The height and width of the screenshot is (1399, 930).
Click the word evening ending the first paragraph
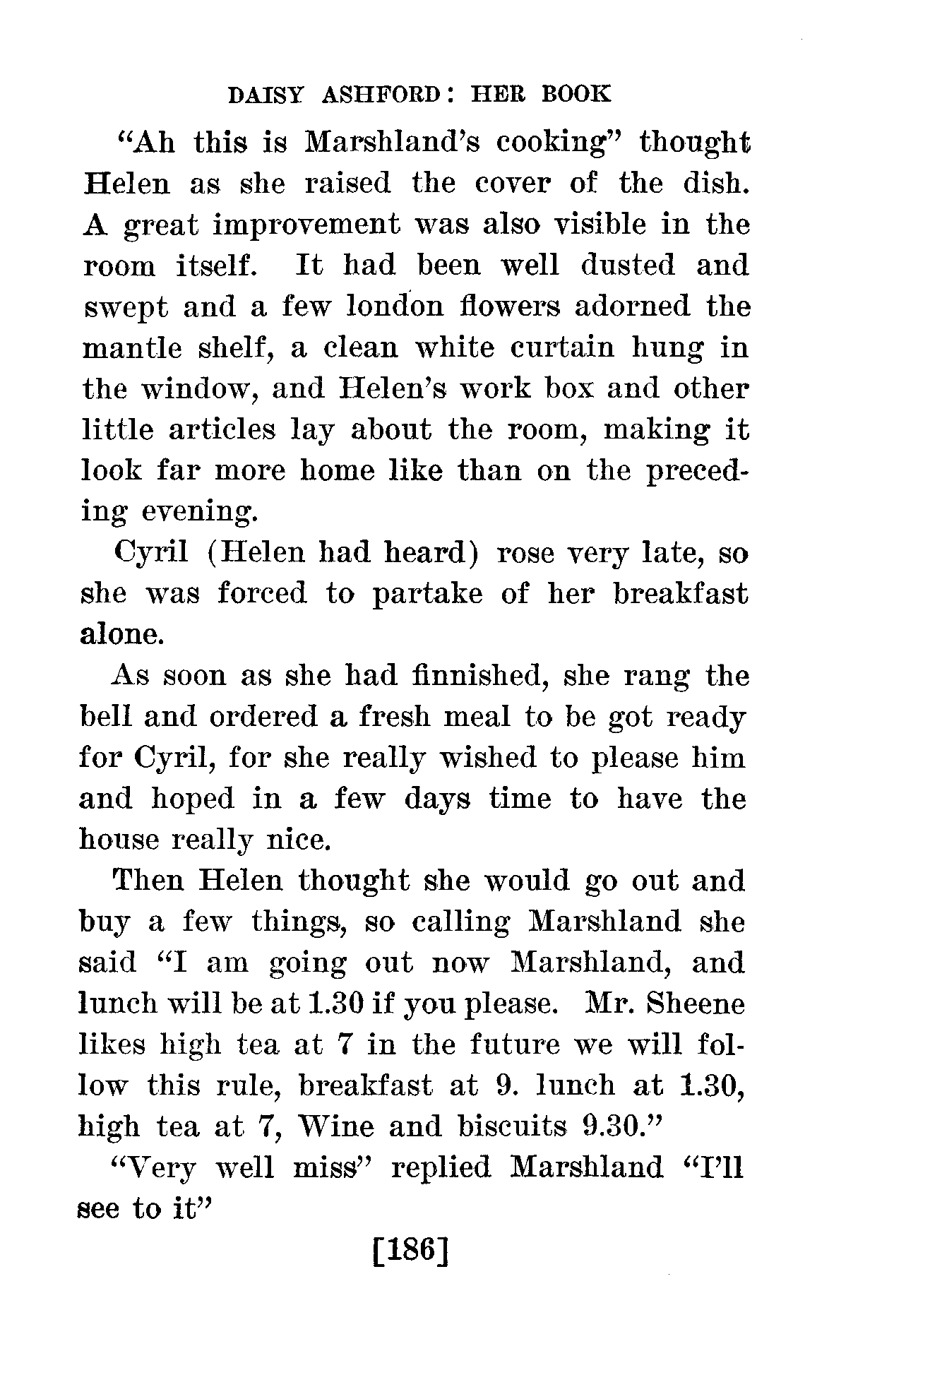click(199, 512)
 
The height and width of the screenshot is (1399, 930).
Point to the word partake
click(427, 594)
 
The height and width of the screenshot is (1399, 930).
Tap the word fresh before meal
click(393, 717)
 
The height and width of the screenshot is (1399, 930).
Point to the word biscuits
click(512, 1127)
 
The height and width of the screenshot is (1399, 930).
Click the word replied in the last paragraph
click(441, 1168)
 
